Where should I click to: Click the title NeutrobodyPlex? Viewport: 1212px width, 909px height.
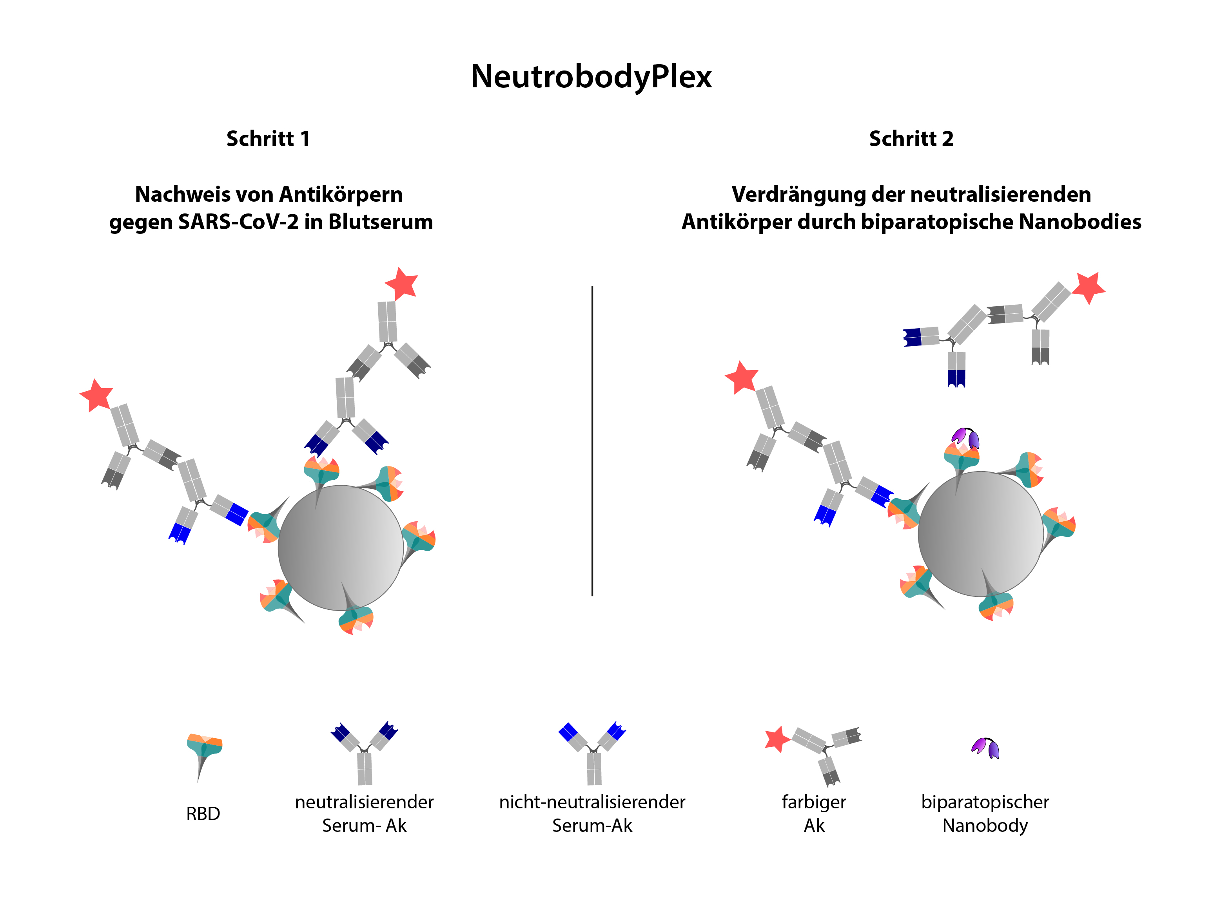(591, 77)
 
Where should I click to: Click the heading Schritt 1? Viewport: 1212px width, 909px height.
(268, 139)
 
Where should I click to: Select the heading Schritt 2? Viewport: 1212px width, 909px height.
(911, 139)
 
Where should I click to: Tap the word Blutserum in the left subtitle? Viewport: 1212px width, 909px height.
(380, 222)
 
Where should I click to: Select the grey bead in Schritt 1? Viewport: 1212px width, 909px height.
(341, 548)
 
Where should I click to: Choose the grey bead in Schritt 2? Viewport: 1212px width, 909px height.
(981, 534)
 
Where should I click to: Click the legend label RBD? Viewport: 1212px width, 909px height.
(203, 814)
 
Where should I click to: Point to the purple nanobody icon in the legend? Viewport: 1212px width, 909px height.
(985, 748)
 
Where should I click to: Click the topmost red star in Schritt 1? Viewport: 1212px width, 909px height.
(402, 284)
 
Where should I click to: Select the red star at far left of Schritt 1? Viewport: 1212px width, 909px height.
(96, 395)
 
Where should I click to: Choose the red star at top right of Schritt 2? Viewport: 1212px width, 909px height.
(1088, 287)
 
